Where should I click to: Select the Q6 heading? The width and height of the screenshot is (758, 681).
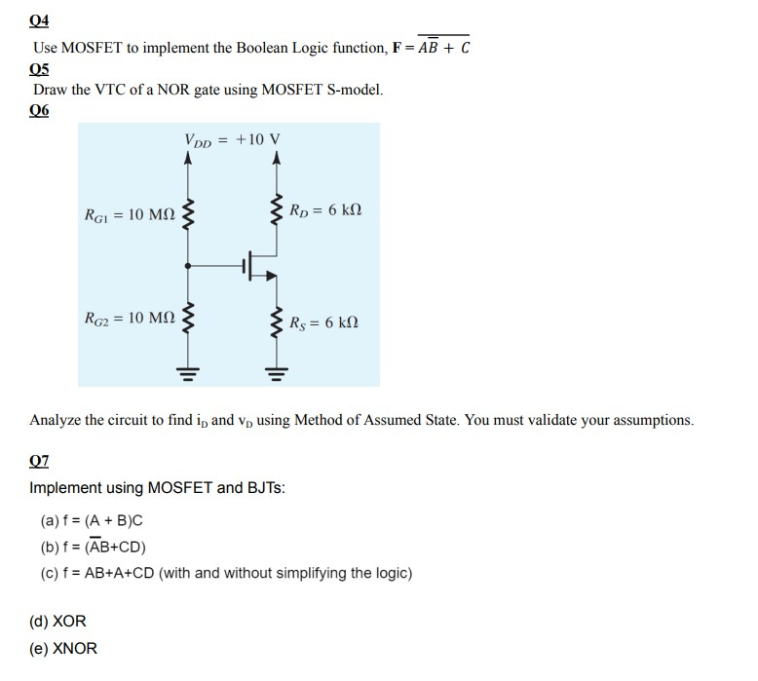(39, 110)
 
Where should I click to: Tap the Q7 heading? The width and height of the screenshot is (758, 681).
(39, 460)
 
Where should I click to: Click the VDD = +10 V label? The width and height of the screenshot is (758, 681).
(224, 139)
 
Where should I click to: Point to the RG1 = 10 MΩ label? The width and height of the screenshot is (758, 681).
(129, 213)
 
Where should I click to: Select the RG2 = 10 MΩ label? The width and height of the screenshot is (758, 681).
(129, 318)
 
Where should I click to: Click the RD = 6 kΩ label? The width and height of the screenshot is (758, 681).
(326, 209)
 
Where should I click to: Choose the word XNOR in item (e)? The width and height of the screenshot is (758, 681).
(74, 648)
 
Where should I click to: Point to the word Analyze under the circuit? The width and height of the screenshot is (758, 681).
(57, 421)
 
